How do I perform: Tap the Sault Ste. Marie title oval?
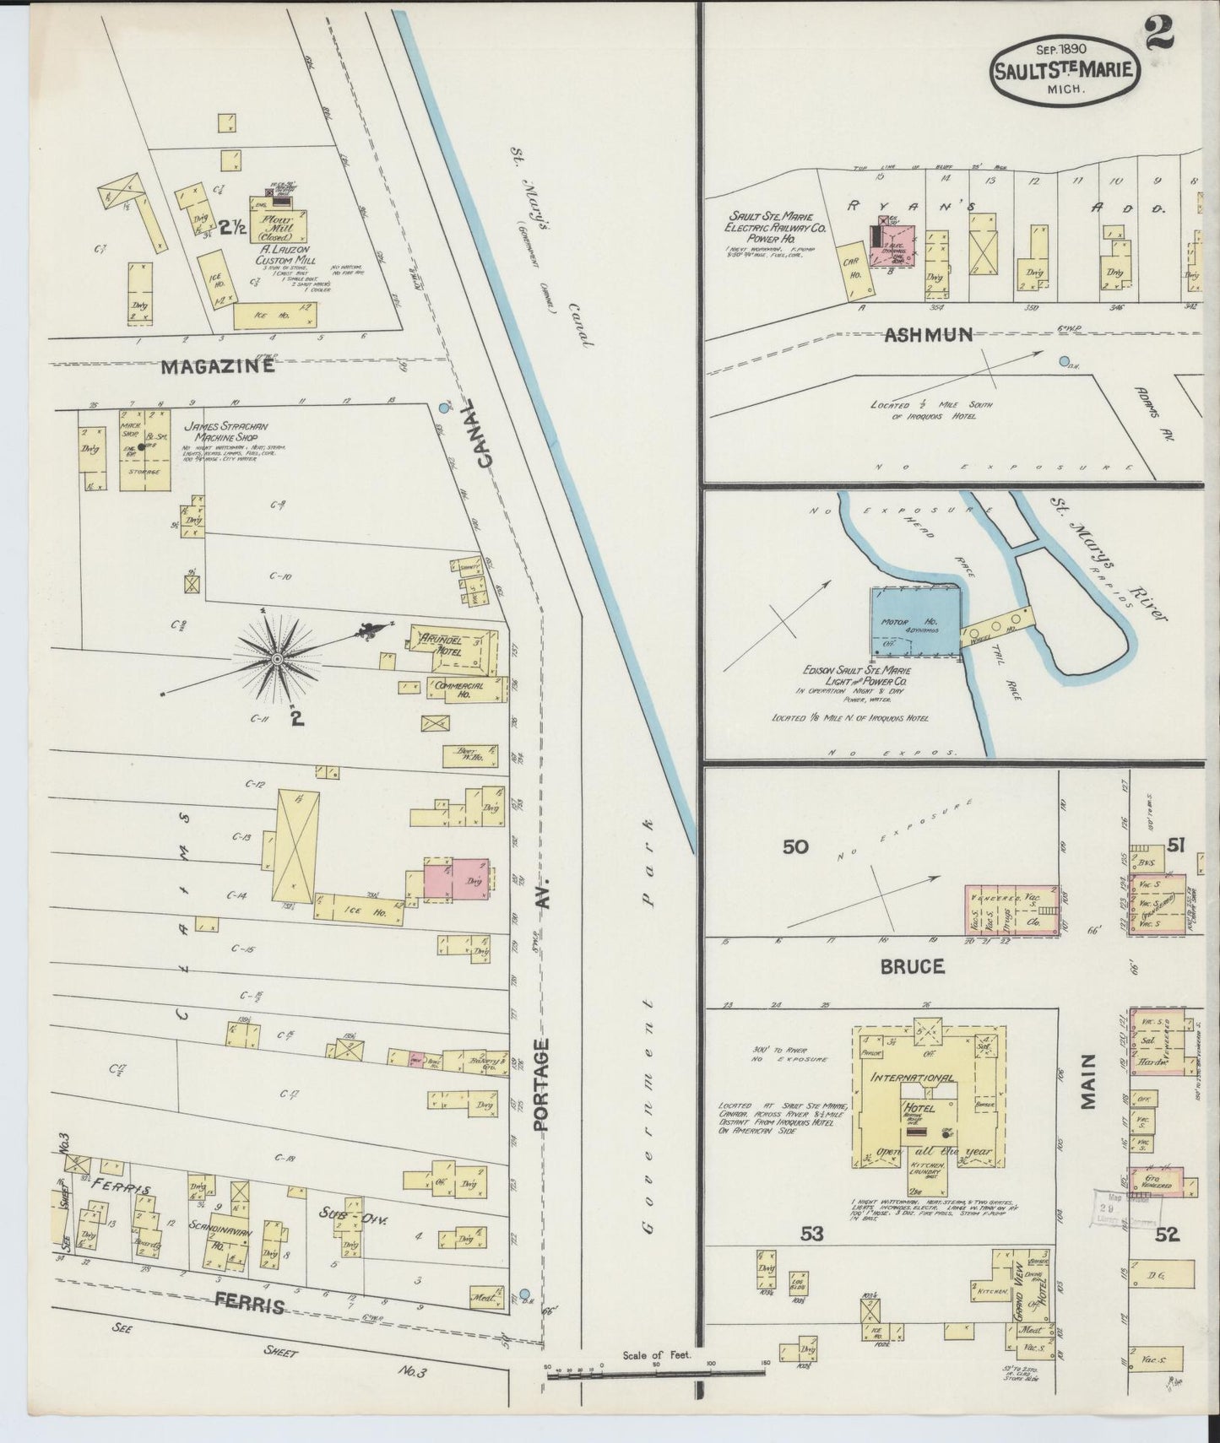click(1065, 71)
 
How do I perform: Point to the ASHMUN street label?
click(927, 334)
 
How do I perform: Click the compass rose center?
click(276, 657)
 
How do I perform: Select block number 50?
click(795, 846)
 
